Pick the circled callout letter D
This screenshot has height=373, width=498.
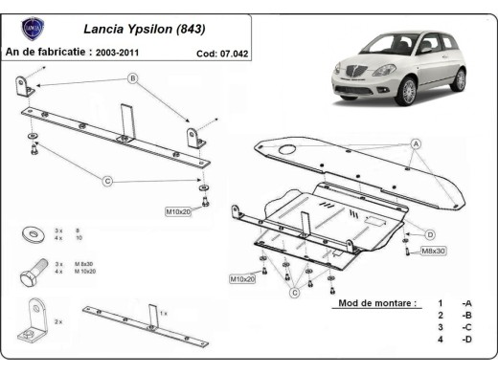pyautogui.click(x=430, y=234)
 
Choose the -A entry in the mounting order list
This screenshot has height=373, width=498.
pyautogui.click(x=465, y=303)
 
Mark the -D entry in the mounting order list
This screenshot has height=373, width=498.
pyautogui.click(x=465, y=340)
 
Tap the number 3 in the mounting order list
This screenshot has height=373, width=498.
pyautogui.click(x=440, y=328)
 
